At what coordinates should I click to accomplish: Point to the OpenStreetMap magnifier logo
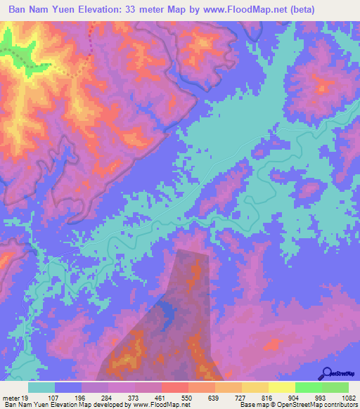(328, 372)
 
